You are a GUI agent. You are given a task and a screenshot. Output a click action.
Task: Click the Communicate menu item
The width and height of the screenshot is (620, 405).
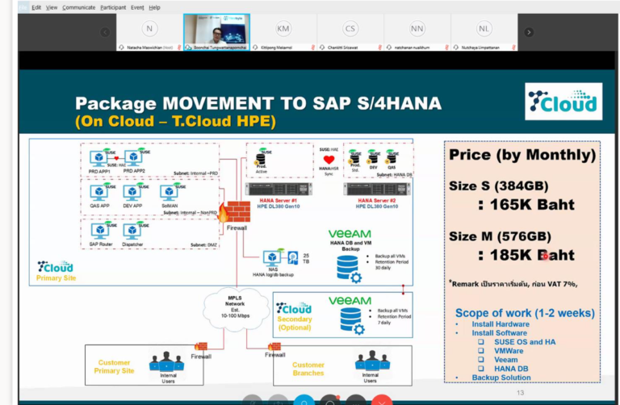[x=79, y=7]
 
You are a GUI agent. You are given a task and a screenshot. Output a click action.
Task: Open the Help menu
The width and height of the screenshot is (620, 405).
[x=154, y=7]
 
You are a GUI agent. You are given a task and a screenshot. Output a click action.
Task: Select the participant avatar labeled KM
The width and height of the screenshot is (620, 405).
[x=283, y=29]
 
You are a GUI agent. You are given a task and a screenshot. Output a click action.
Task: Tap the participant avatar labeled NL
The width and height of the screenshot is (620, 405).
[x=484, y=29]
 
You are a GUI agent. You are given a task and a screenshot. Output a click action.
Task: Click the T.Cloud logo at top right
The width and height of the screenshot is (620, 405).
[x=563, y=102]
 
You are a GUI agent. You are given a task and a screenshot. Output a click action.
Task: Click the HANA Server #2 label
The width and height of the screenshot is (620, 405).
[x=376, y=200]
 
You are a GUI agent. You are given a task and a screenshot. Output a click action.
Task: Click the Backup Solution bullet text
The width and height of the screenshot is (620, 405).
[x=501, y=378]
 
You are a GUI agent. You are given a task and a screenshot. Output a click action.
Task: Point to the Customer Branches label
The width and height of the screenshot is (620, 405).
[x=308, y=369]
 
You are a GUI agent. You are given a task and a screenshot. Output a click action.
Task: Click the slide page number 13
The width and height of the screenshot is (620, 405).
[x=520, y=393]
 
